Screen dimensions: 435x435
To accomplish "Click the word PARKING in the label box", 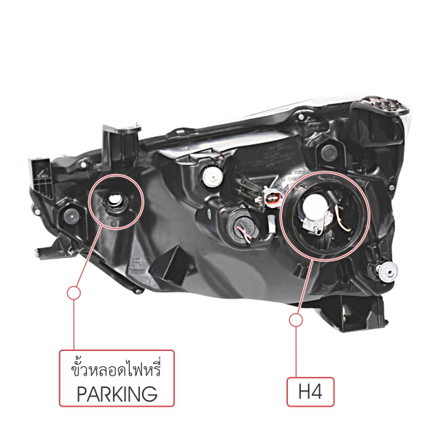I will click(x=117, y=394).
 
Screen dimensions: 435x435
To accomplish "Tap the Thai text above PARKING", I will click(x=117, y=370).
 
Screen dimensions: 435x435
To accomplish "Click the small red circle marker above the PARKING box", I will click(x=72, y=292).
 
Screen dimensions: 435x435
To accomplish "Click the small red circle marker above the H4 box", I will click(x=295, y=320).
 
